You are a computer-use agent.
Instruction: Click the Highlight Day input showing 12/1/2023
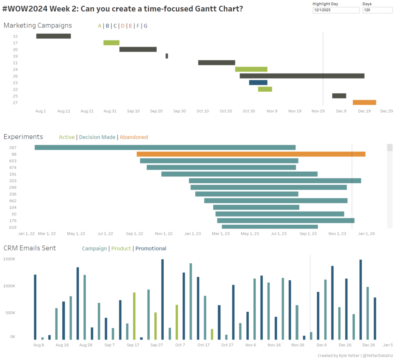tap(336, 10)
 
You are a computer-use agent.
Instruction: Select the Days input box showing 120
tap(377, 10)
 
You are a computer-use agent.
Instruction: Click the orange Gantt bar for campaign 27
tap(364, 102)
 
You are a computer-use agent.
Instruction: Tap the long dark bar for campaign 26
tap(302, 76)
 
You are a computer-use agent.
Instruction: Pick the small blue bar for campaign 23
tap(258, 82)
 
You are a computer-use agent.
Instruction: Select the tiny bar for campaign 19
tap(167, 56)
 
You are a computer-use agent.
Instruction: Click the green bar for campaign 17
tap(111, 43)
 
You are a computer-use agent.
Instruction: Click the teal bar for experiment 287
tap(165, 147)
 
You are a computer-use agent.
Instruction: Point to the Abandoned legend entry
tap(134, 137)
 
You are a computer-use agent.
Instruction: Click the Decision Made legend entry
tap(97, 137)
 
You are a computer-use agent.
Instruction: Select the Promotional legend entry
tap(151, 249)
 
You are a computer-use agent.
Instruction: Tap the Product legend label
tap(121, 249)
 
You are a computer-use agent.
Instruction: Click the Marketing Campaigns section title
tap(38, 26)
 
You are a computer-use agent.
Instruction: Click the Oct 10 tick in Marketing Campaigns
tap(203, 111)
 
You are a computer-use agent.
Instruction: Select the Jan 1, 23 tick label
tap(193, 234)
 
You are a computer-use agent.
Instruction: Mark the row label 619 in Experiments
tap(13, 227)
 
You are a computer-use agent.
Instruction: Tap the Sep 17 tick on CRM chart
tap(133, 345)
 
